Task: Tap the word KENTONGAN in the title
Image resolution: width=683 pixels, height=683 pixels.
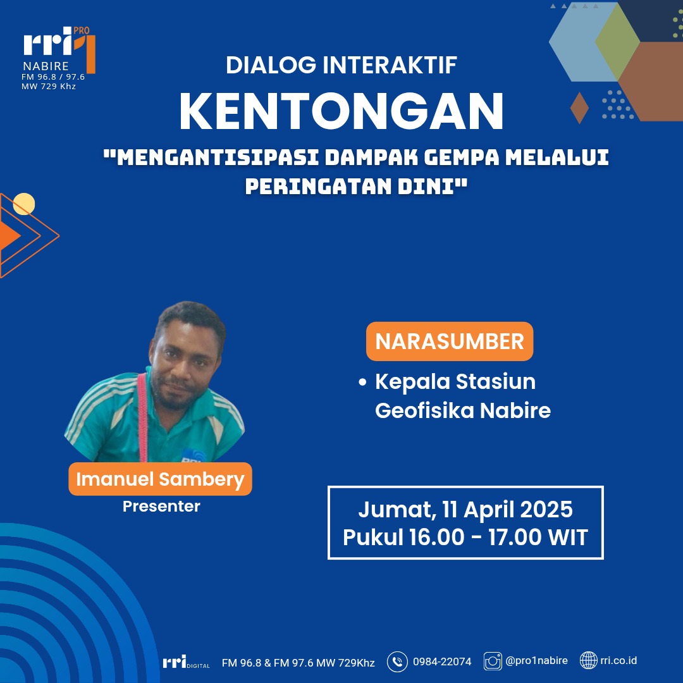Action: (x=341, y=111)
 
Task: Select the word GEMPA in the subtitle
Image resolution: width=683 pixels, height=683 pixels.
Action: (x=462, y=157)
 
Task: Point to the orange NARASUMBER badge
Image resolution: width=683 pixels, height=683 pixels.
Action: (x=450, y=341)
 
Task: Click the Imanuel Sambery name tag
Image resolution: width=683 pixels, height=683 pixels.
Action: (x=160, y=479)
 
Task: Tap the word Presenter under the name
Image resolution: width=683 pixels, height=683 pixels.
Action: (x=162, y=506)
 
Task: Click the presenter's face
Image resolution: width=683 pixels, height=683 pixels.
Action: (x=185, y=366)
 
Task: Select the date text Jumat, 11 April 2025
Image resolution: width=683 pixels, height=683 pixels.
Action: (x=465, y=509)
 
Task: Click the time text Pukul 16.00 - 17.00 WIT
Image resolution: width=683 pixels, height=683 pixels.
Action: (x=465, y=537)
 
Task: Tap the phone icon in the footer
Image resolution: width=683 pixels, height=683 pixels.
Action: (x=397, y=662)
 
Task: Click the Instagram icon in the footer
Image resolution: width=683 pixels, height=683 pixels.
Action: (x=493, y=661)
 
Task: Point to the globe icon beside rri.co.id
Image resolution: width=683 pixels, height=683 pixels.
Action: (x=589, y=660)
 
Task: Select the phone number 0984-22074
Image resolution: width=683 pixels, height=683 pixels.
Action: (x=442, y=662)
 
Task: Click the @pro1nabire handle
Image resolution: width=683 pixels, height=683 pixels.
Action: (x=537, y=661)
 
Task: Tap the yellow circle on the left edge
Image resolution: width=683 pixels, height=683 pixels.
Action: (x=24, y=204)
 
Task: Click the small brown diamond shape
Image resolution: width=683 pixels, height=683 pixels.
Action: (x=579, y=108)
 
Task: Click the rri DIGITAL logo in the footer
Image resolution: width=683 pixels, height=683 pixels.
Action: (x=186, y=661)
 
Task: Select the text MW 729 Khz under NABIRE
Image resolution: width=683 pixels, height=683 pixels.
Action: (x=49, y=86)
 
